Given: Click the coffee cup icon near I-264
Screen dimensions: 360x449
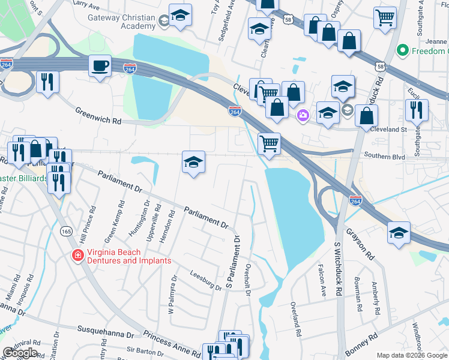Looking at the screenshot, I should pyautogui.click(x=100, y=65).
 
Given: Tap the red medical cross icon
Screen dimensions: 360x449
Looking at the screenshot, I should pyautogui.click(x=77, y=256).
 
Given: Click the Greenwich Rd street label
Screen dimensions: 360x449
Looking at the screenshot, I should pyautogui.click(x=98, y=115).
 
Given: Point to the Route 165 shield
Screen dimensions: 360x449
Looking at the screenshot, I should pyautogui.click(x=66, y=230).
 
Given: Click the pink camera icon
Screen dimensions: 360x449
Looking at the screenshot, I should pyautogui.click(x=303, y=115).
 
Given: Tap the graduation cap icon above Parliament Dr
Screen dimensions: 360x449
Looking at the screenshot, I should pyautogui.click(x=194, y=161).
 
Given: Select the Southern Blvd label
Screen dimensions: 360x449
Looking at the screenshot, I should pyautogui.click(x=384, y=157).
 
